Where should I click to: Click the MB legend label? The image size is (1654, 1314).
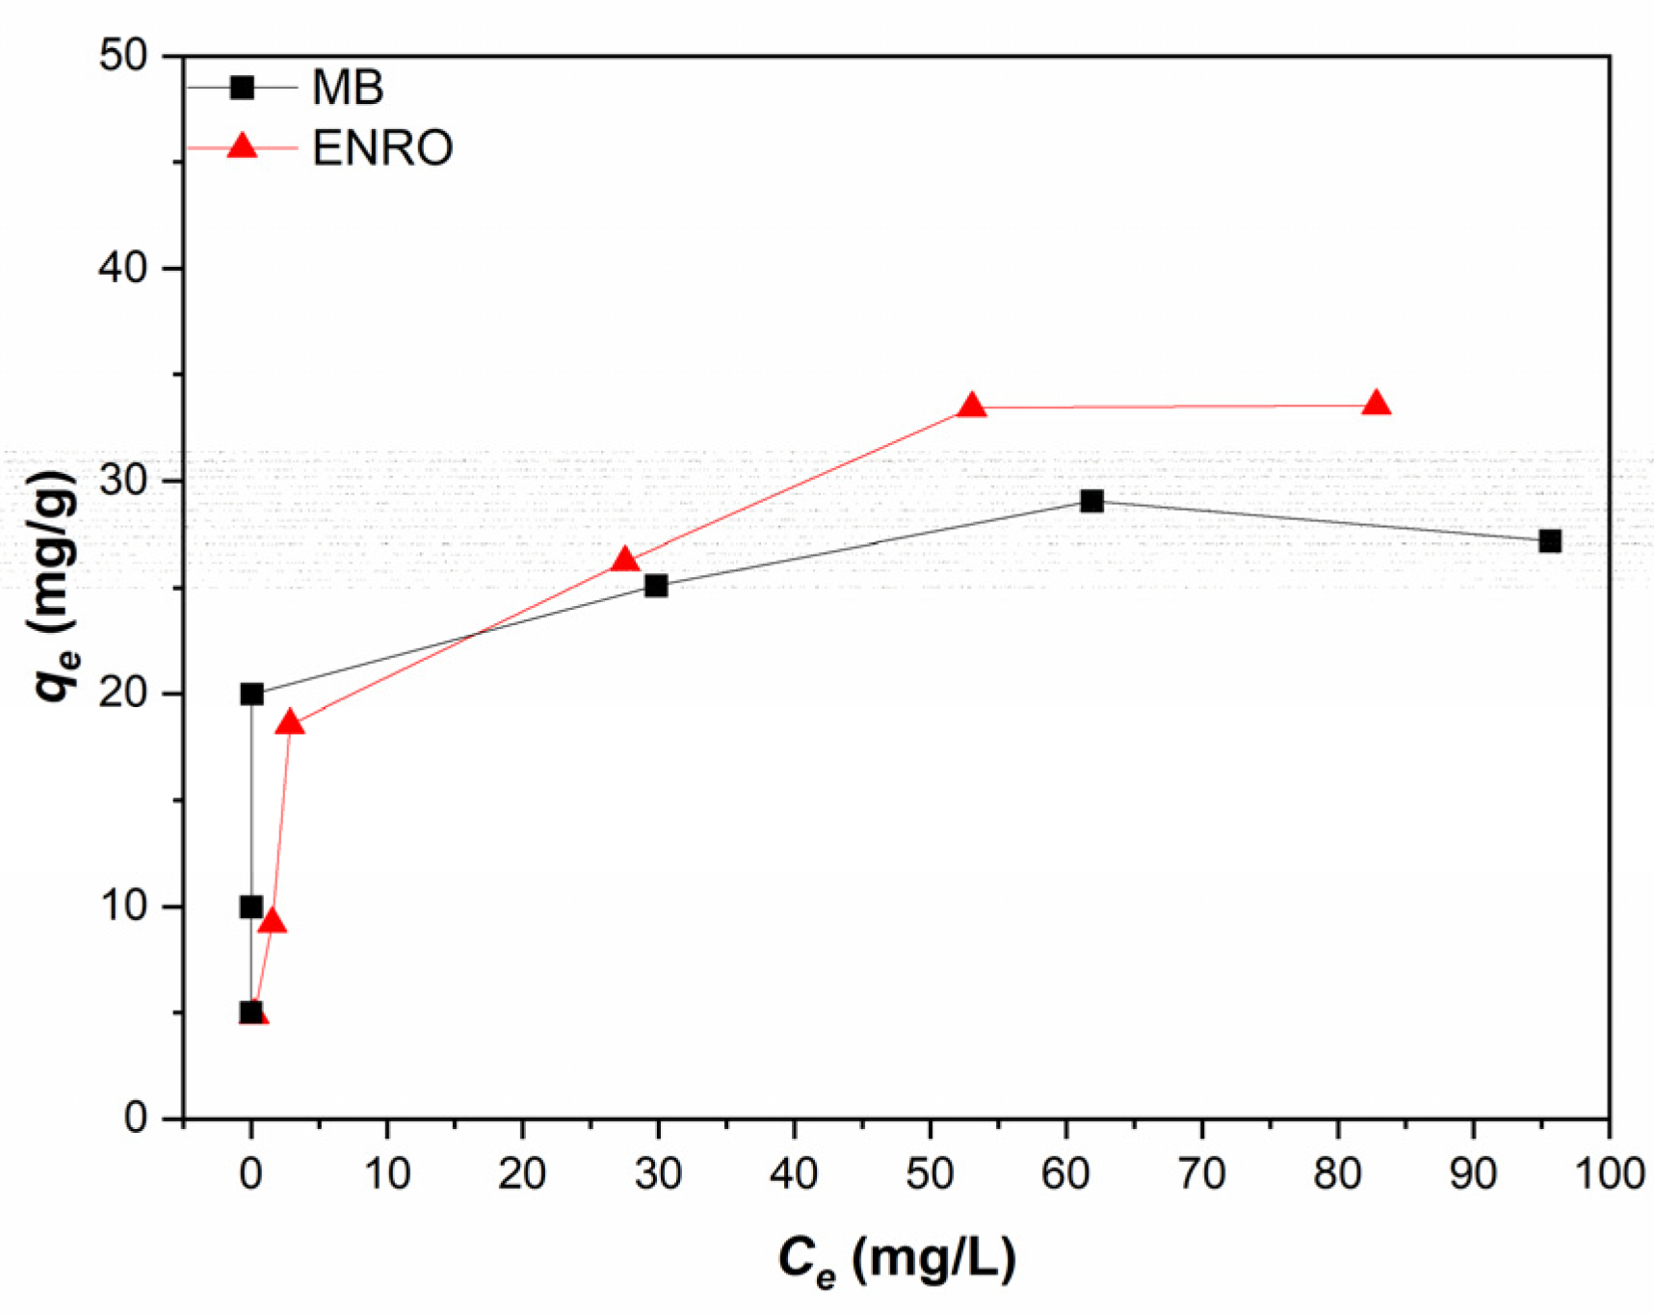348,88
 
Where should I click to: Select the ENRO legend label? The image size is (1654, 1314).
382,148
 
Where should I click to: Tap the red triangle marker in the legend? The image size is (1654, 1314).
242,146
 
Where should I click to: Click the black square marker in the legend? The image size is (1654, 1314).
242,88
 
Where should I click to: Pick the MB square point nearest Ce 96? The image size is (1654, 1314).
1549,540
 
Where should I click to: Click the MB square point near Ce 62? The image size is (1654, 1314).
1091,501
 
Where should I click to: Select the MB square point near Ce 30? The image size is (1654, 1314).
656,586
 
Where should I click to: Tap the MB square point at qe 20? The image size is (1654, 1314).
251,694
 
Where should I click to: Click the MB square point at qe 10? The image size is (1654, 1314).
251,907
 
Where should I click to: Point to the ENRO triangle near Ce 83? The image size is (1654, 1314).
1377,404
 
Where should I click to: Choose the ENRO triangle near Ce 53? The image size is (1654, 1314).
972,406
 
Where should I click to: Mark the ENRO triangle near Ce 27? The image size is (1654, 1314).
624,561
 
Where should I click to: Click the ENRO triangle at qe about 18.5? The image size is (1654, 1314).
290,723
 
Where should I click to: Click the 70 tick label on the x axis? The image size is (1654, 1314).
1201,1174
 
